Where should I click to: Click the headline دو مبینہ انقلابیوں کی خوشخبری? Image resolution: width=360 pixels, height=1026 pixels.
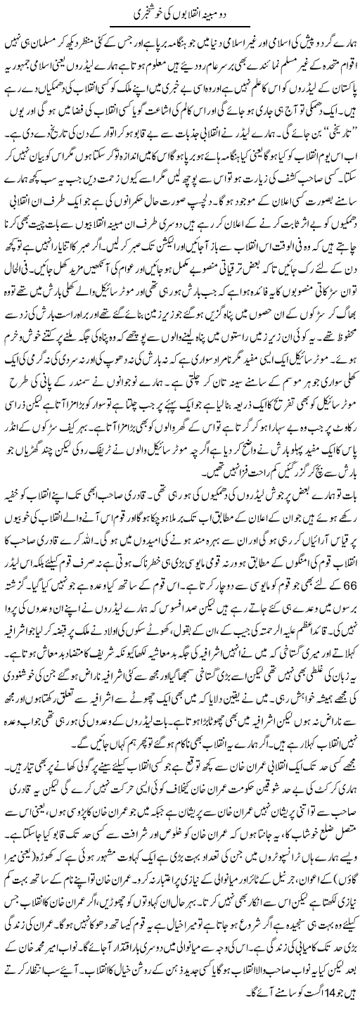point(181,13)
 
